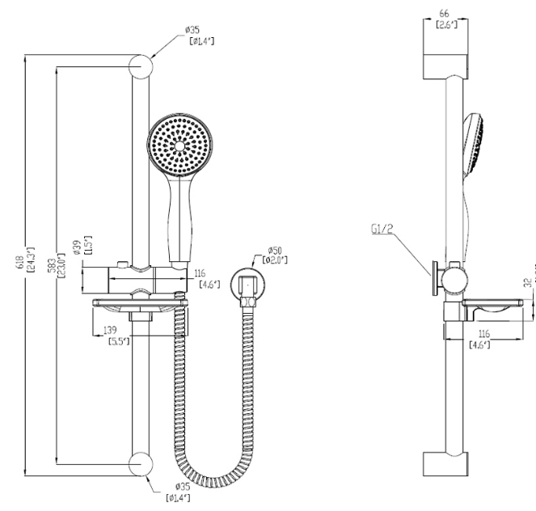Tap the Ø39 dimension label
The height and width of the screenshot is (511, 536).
tap(75, 251)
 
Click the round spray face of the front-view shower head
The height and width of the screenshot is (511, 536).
tap(182, 146)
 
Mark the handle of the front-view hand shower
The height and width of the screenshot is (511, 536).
tap(179, 214)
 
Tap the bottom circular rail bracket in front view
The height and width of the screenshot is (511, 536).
tap(141, 468)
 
